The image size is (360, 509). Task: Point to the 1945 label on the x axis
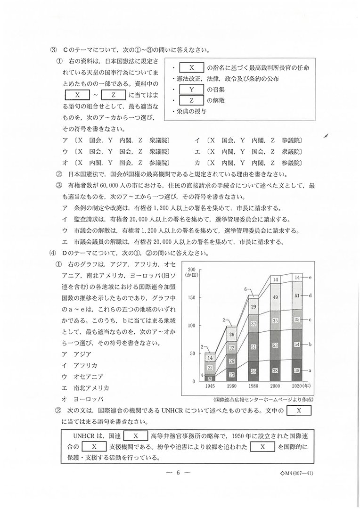pos(210,386)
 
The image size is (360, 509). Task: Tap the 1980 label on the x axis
pos(253,386)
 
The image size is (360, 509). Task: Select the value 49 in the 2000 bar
pos(276,297)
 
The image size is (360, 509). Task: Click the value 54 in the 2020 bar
pos(297,345)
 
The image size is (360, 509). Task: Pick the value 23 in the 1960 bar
pos(232,375)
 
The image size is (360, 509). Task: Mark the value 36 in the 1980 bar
pos(254,371)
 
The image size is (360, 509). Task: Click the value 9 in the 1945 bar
pos(210,378)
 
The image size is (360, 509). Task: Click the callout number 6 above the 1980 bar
pos(245,289)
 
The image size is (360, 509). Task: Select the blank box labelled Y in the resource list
pos(192,90)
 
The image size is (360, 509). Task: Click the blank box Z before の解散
pos(192,101)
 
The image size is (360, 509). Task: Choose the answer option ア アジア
pos(76,353)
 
